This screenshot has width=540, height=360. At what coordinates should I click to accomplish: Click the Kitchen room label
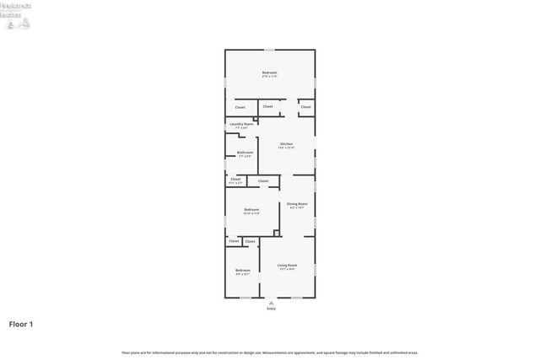[287, 146]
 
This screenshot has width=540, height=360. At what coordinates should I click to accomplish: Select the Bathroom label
[245, 153]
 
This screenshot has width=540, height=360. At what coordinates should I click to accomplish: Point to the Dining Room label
[297, 205]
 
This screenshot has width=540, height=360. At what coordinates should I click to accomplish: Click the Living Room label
[287, 267]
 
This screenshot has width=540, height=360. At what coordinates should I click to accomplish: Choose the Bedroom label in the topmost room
[270, 74]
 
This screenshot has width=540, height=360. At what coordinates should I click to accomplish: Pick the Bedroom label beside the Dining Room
[251, 211]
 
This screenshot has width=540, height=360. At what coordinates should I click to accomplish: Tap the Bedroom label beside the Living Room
[242, 271]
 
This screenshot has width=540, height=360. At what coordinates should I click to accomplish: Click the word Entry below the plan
[271, 309]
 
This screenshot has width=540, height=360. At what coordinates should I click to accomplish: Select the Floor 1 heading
[21, 324]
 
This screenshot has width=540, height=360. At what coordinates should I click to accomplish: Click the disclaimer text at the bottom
[270, 352]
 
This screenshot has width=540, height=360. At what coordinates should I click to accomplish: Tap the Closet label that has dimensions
[235, 180]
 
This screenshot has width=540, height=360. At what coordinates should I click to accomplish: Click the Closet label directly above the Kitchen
[267, 106]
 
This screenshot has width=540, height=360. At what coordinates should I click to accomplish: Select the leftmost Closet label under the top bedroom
[240, 107]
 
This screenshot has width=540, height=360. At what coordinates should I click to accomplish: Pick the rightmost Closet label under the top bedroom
[305, 107]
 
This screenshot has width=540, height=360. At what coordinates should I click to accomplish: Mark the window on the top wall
[270, 50]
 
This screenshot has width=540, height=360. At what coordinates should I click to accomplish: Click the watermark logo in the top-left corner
[17, 16]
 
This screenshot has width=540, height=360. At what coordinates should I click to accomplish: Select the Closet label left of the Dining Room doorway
[263, 180]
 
